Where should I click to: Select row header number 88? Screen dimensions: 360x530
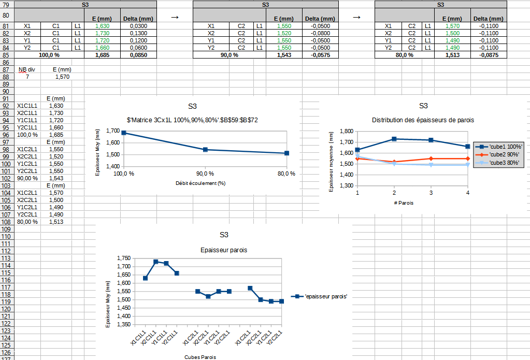click(6, 77)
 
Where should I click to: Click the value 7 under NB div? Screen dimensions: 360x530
click(27, 77)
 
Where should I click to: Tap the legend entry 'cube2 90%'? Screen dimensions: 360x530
click(500, 155)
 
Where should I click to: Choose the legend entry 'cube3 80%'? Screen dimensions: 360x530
click(500, 163)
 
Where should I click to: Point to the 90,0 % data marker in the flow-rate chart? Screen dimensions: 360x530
click(205, 150)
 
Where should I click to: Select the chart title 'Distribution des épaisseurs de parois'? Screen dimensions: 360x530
click(423, 120)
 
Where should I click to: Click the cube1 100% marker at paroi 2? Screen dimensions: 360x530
click(394, 139)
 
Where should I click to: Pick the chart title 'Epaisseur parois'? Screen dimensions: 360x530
click(223, 250)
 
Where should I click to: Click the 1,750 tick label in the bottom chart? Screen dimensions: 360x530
click(124, 258)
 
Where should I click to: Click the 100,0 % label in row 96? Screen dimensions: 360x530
click(27, 135)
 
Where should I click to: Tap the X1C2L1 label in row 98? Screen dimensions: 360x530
click(27, 149)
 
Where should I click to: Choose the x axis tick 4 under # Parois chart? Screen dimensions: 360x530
click(468, 193)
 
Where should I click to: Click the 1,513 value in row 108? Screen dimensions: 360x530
click(55, 222)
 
